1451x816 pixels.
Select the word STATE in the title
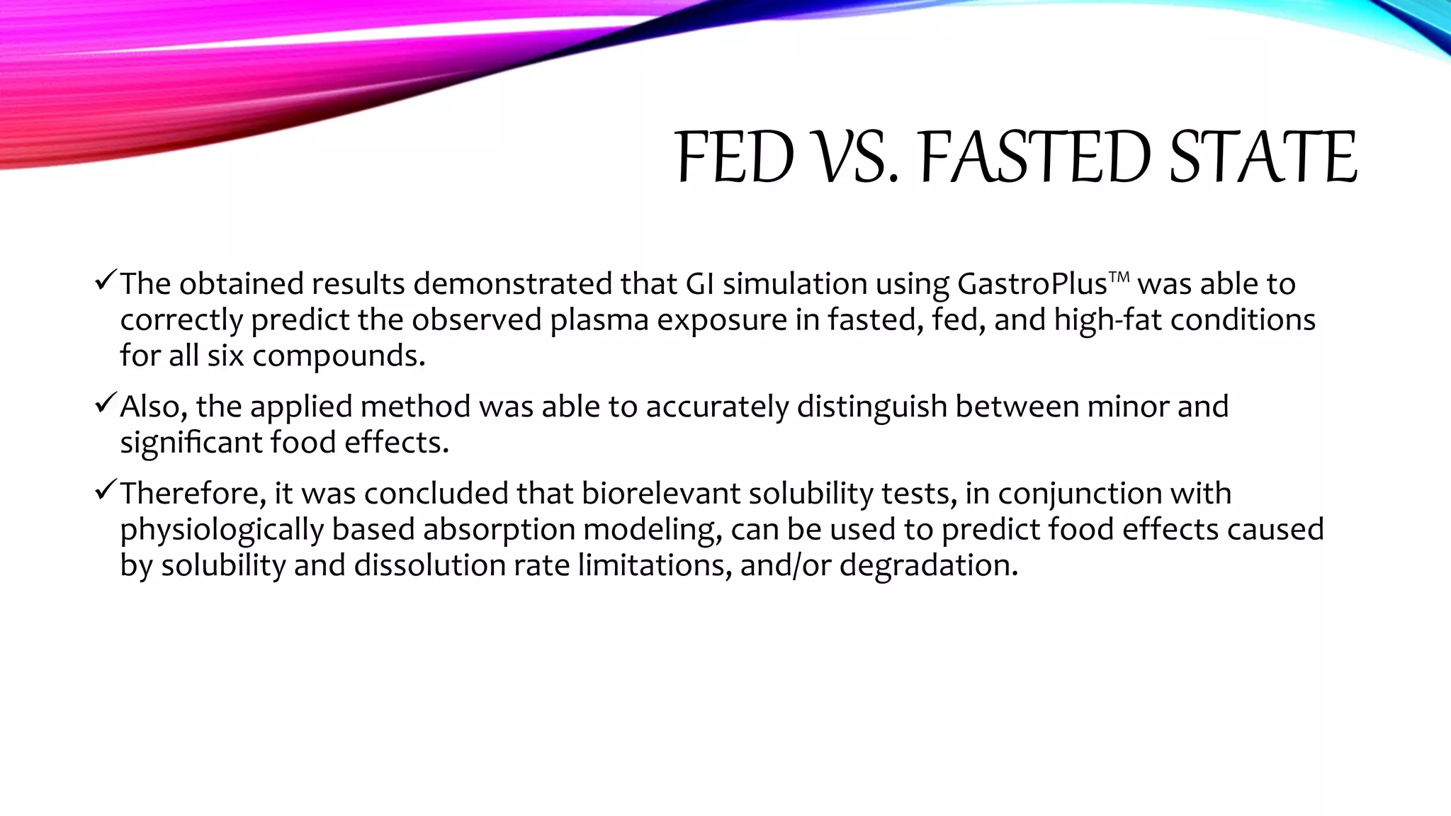[x=1263, y=157]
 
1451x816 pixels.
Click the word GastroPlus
[x=1032, y=285]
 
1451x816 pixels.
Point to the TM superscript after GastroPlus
[x=1119, y=276]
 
